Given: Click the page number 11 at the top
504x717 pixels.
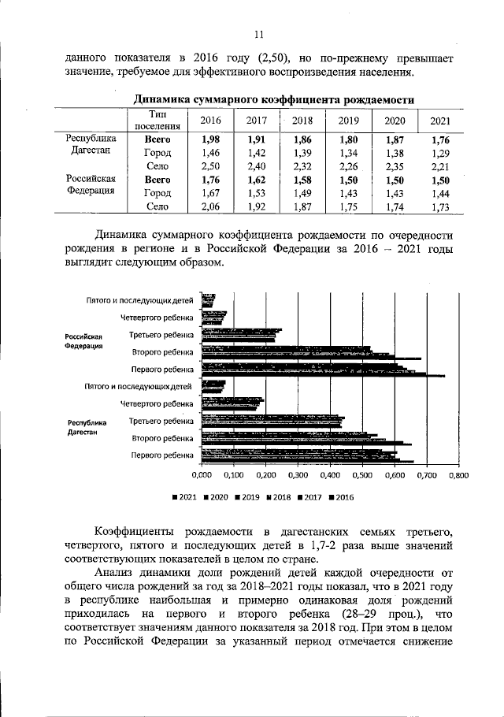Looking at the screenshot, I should pos(258,32).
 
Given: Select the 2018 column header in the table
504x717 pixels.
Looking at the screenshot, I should pos(302,121).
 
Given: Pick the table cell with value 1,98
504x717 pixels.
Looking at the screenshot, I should pos(210,139).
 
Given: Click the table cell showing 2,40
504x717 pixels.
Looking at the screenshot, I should pos(257,166).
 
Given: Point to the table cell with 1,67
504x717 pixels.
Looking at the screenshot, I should pos(210,194).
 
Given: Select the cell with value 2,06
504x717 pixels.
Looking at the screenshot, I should pos(210,207).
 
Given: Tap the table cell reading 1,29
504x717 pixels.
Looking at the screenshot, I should pos(441,153).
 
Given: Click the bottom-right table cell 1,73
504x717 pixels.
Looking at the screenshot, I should pos(441,207).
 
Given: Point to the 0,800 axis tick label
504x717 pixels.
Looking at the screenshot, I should pos(458,476).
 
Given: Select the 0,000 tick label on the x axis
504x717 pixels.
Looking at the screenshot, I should pos(202,476).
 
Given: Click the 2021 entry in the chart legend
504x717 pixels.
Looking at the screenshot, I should pos(185,497).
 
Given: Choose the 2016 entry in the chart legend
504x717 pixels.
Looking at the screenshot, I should pos(342,497).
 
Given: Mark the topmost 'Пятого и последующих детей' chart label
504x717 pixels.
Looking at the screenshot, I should pos(139,301).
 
